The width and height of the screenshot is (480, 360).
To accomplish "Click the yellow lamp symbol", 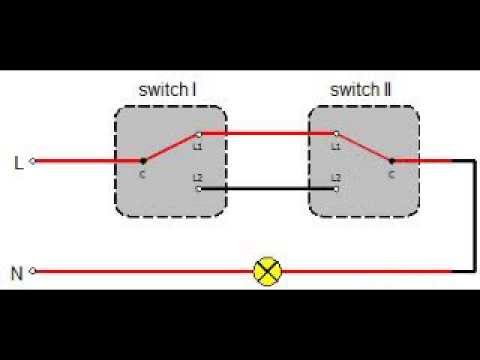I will tap(267, 271).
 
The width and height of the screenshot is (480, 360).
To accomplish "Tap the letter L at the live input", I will tap(18, 160).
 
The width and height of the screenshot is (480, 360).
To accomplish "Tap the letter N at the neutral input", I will tap(17, 271).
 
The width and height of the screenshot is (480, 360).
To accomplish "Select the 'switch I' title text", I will tap(166, 91).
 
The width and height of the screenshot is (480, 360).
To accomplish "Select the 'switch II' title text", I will tap(360, 91).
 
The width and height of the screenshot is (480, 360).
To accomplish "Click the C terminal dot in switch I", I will tap(144, 160).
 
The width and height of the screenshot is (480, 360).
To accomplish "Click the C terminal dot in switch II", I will tap(391, 160).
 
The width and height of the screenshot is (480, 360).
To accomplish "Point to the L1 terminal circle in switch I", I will tap(199, 134).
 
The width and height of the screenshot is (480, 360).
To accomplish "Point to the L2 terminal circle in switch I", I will tap(199, 187).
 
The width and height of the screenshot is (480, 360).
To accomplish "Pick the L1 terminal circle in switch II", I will tap(336, 134).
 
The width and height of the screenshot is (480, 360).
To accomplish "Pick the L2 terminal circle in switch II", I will tap(336, 187).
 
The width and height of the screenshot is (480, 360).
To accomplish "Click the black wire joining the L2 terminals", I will tap(267, 187).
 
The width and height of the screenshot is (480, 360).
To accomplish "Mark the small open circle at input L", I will tap(33, 160).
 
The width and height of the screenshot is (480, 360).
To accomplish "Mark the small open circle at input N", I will tap(33, 271).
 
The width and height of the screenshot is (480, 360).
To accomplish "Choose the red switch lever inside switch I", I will tap(171, 147).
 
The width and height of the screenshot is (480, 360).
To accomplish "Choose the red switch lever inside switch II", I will tap(364, 147).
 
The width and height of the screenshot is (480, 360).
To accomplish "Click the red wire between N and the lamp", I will tap(140, 271).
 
